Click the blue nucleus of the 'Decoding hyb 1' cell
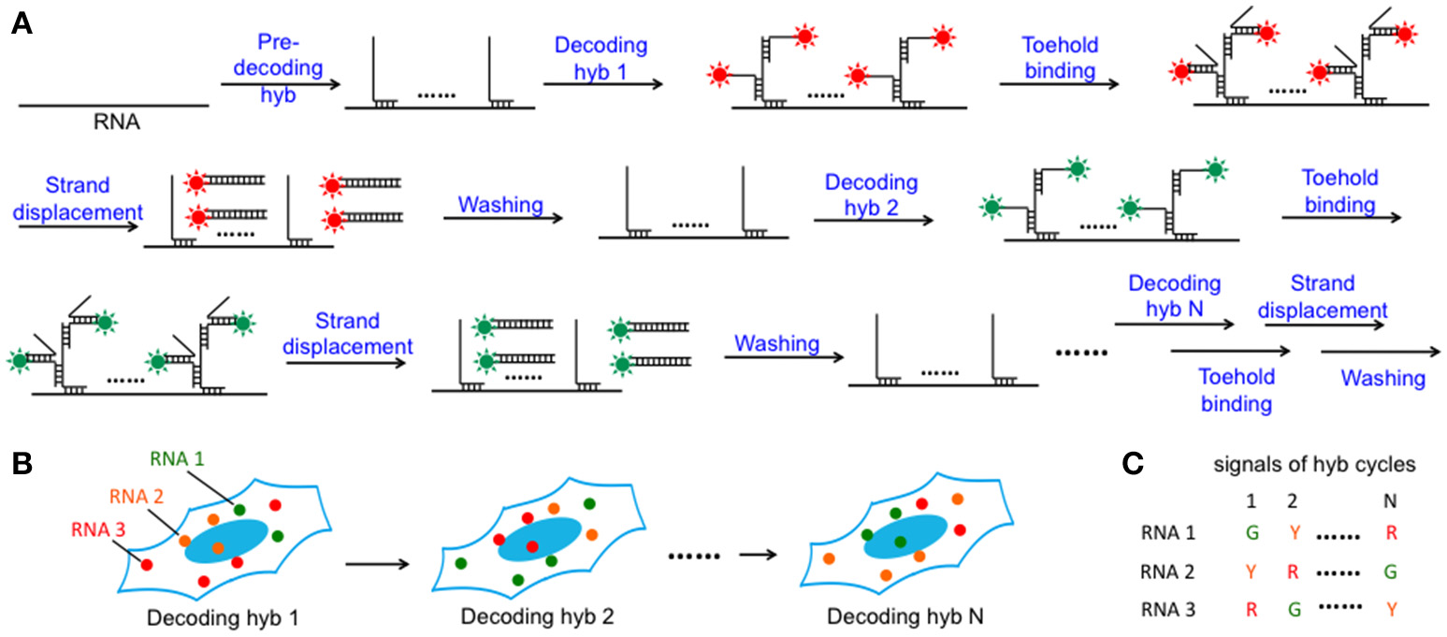point(225,540)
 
